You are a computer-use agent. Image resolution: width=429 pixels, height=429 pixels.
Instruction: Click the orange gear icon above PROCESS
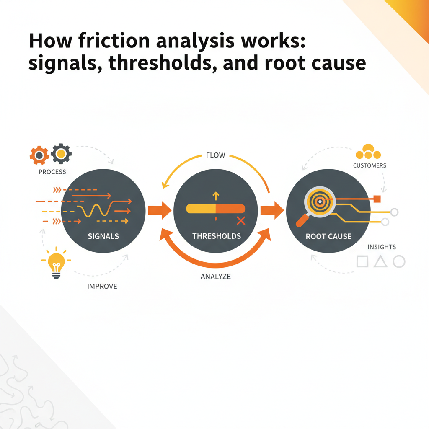39,155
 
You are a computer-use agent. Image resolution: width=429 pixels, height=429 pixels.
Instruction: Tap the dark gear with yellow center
61,154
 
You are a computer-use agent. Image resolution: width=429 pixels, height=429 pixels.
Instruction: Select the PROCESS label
52,172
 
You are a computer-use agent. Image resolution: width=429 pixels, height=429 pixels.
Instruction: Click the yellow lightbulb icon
57,263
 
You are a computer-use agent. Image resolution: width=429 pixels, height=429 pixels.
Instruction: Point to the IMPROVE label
102,287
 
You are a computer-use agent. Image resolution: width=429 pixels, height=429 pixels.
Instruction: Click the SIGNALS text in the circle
103,236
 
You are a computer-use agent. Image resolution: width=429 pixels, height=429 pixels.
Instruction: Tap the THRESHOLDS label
217,236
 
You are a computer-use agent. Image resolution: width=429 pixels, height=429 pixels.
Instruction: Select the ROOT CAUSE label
328,236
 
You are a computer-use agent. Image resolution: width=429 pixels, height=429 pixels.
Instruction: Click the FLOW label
216,155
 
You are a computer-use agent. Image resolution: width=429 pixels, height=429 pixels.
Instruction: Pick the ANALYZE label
216,277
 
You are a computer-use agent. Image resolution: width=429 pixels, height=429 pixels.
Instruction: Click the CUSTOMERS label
370,165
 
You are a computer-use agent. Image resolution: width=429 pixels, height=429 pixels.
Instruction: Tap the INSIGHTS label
382,247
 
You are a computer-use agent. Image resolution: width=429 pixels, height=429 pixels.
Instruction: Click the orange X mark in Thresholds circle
241,221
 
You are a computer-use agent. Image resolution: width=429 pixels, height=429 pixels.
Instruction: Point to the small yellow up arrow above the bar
216,196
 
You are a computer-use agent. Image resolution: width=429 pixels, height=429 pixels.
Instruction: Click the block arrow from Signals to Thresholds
160,210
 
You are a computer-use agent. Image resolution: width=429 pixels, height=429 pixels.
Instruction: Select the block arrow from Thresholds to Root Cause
272,210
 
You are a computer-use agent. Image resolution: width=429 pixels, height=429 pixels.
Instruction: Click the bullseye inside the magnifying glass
320,202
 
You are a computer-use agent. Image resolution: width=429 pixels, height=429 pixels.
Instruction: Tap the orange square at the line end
377,199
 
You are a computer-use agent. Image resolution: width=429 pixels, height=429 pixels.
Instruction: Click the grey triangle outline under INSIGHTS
380,261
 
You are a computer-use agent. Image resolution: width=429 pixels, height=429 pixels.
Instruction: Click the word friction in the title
114,41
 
